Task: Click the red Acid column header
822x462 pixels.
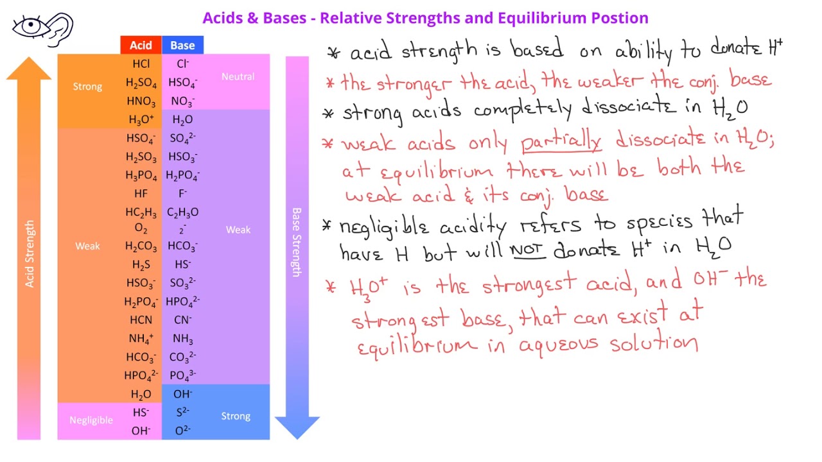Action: tap(141, 45)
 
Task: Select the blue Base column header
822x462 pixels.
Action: tap(182, 45)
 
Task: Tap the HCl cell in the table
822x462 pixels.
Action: tap(141, 64)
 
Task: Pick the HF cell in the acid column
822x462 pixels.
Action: tap(141, 193)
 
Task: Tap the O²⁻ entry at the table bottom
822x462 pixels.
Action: tap(182, 431)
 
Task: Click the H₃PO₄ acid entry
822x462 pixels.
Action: tap(141, 175)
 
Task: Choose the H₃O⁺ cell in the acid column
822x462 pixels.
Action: tap(141, 119)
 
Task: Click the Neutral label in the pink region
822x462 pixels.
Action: tap(238, 76)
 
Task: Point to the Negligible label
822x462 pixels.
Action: tap(91, 420)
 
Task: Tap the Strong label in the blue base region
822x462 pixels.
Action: tap(236, 416)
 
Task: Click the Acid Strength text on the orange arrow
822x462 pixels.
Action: tap(30, 254)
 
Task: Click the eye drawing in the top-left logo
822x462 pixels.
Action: tap(29, 26)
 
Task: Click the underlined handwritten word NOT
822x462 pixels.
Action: tap(528, 250)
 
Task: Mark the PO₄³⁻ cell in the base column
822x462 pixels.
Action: tap(182, 375)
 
